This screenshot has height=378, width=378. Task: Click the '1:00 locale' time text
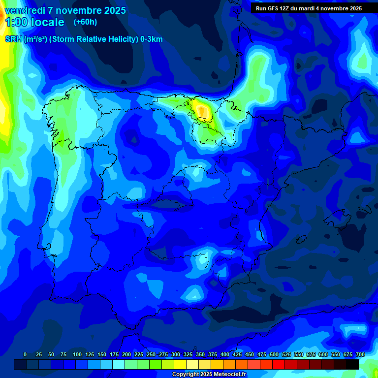34,22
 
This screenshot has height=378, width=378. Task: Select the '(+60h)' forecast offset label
85,22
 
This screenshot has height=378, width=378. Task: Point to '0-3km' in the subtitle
152,39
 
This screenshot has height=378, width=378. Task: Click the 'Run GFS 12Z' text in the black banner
272,8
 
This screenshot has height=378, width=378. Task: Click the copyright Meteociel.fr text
209,375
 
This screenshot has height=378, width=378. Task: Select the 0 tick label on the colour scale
25,354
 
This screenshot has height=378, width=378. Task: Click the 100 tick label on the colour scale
77,354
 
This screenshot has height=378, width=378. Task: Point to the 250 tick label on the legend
151,354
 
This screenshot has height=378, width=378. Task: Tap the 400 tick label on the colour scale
225,354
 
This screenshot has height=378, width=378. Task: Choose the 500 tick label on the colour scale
274,354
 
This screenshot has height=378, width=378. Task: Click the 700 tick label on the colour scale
360,354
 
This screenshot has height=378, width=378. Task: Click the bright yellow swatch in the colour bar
180,364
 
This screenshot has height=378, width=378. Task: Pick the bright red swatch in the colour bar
278,364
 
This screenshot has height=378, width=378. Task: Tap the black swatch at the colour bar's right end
352,364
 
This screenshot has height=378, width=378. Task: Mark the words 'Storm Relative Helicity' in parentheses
94,39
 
